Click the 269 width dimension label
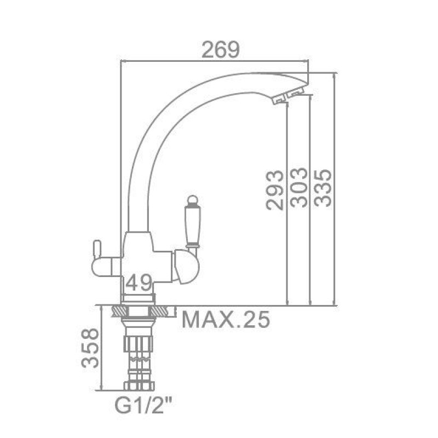coord(221,49)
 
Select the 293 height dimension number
coord(275,189)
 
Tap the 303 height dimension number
coord(298,187)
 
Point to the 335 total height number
coord(322,188)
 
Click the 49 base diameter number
coord(139,283)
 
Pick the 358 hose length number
coord(90,348)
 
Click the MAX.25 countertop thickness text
coord(226,319)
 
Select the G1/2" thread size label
coord(143,407)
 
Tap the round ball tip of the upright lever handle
coord(193,200)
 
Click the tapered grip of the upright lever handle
coord(193,224)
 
